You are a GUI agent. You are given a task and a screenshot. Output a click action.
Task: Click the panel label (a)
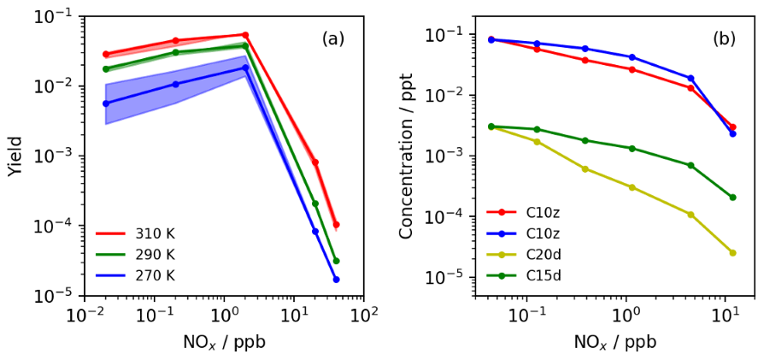click(333, 38)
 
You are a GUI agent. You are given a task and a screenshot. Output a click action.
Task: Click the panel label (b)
click(725, 38)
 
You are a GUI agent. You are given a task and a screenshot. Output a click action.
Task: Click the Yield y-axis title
click(15, 156)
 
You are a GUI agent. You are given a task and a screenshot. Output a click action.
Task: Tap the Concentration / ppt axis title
click(407, 156)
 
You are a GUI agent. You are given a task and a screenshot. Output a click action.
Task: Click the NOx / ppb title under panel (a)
click(224, 343)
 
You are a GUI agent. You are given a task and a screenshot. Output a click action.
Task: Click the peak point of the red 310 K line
click(245, 35)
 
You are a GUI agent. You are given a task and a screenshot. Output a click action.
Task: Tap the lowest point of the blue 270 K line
click(336, 280)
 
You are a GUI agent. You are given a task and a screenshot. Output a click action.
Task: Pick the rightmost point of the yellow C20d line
click(732, 252)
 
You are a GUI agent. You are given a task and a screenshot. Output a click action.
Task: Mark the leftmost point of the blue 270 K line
click(106, 103)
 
